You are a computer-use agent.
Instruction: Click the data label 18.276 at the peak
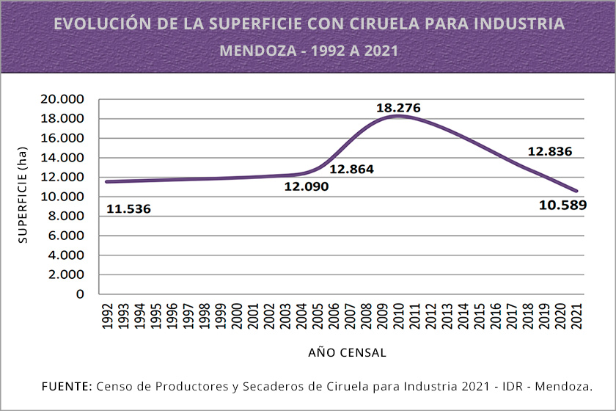click(398, 108)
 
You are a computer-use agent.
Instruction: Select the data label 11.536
click(128, 209)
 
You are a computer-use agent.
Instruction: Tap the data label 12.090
click(307, 186)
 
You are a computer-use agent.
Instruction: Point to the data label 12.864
click(351, 169)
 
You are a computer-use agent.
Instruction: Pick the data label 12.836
click(549, 152)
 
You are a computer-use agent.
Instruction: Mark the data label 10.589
click(562, 205)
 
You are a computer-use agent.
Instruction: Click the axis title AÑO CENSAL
click(347, 352)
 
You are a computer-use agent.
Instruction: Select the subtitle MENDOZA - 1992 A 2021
click(309, 51)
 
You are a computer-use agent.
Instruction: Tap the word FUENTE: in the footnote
click(67, 386)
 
